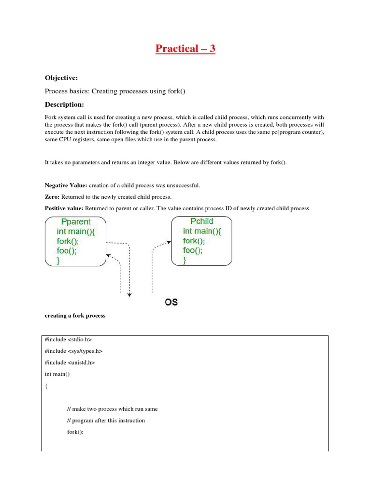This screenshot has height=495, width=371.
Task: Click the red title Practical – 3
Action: click(x=185, y=49)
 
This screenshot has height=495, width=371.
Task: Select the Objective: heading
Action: click(x=61, y=78)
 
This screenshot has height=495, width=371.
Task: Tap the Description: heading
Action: click(x=64, y=104)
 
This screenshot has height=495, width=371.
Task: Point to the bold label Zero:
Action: click(x=53, y=197)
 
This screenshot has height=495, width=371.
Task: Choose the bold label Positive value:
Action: click(x=64, y=208)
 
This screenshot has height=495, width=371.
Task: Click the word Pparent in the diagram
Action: click(x=76, y=222)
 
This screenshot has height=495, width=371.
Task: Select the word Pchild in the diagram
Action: click(x=202, y=221)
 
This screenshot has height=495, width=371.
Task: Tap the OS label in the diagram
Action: click(x=171, y=302)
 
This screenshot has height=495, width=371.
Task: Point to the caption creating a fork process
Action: click(x=75, y=316)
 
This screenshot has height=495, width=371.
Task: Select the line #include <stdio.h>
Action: click(x=68, y=340)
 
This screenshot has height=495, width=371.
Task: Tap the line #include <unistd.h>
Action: click(x=70, y=363)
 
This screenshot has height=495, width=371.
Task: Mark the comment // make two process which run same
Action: click(x=112, y=409)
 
